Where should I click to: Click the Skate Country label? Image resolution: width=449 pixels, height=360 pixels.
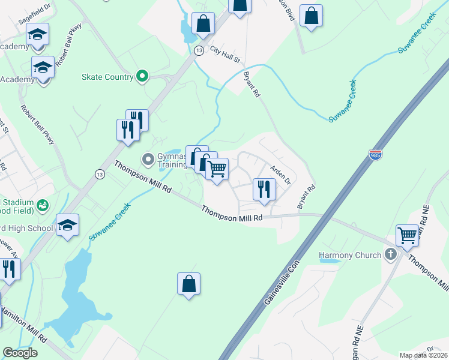click(107, 77)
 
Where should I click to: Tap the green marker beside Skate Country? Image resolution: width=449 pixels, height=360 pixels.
click(142, 76)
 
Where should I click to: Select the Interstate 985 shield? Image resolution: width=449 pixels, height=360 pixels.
click(375, 155)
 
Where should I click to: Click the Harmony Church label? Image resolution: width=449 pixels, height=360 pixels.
click(350, 255)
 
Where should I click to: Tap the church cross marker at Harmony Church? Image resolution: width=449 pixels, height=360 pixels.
click(391, 254)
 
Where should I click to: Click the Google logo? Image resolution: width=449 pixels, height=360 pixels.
click(20, 352)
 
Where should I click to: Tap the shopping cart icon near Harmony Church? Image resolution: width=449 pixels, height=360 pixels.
click(408, 235)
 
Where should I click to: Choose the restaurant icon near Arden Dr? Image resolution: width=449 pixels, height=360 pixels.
click(264, 189)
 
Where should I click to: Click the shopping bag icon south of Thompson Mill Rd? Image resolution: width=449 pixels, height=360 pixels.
click(188, 284)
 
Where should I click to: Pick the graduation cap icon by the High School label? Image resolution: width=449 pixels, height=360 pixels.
click(67, 225)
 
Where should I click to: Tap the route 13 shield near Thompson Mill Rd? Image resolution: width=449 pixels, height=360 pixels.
click(98, 173)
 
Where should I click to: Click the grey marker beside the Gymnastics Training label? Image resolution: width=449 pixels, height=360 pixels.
click(148, 159)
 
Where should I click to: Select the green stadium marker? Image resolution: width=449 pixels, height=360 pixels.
click(42, 206)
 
